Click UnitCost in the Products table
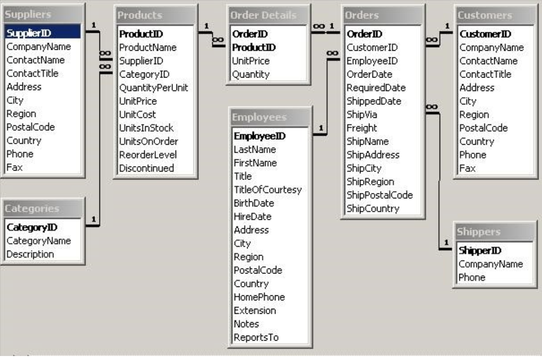(137, 114)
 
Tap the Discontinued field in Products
(146, 168)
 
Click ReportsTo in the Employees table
(256, 337)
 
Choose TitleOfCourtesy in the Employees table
(267, 189)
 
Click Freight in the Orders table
(361, 128)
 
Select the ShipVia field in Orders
(361, 114)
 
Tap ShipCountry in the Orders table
(372, 208)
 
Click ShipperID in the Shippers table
(479, 251)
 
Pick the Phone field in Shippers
(471, 277)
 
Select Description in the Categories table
(30, 254)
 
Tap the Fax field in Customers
(467, 168)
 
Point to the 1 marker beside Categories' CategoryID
(93, 219)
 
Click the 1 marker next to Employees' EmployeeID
(321, 128)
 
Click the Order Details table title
(264, 15)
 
